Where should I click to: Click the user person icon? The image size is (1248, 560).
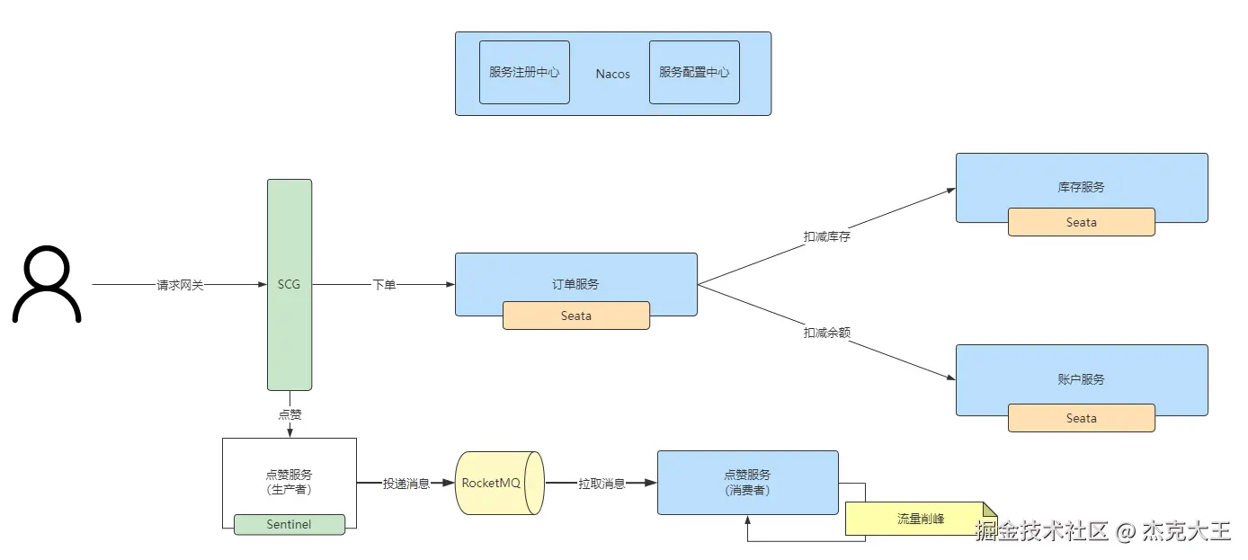click(x=47, y=284)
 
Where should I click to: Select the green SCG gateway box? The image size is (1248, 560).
click(x=290, y=284)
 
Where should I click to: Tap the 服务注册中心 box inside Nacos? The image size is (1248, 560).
click(x=524, y=72)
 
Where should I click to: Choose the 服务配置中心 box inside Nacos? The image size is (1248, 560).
click(x=694, y=72)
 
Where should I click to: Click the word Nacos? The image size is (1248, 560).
click(x=612, y=74)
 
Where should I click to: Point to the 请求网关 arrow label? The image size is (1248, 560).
click(x=180, y=285)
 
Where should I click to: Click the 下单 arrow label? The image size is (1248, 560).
click(x=384, y=285)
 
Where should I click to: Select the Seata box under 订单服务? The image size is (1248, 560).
click(x=575, y=316)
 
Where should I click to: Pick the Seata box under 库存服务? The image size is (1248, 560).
click(x=1081, y=222)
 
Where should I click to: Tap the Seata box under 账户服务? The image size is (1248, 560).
click(x=1081, y=418)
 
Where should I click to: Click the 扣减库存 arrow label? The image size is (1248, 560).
click(x=826, y=236)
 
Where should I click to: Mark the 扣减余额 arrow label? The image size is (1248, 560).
click(x=826, y=333)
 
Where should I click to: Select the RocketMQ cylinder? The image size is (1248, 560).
click(x=499, y=483)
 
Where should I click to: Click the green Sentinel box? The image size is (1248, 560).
click(x=290, y=524)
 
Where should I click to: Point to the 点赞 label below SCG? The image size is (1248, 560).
click(x=290, y=414)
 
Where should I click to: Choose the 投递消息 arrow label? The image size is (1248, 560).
click(x=406, y=484)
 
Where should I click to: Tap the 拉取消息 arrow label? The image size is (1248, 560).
click(x=602, y=484)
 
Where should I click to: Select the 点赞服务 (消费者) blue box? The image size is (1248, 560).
click(x=747, y=482)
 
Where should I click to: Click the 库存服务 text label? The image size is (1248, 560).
click(x=1081, y=187)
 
